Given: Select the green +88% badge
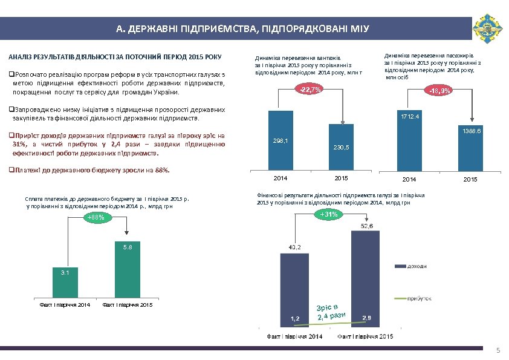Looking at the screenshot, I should point(96,217).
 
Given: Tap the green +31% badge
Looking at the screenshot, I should point(329,215).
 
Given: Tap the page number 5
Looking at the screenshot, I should point(498,351).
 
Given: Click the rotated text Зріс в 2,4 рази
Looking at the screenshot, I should point(331,309).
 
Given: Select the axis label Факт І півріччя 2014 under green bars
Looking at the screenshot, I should point(65,304).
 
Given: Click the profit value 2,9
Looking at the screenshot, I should point(367,318).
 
